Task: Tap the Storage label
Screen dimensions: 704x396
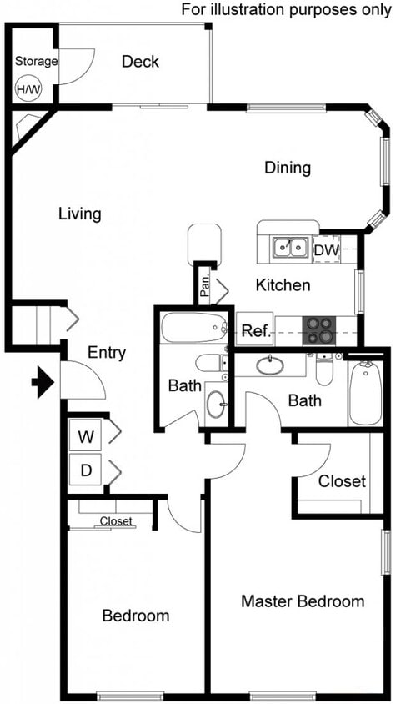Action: pos(36,61)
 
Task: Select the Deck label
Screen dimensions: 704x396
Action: pos(140,62)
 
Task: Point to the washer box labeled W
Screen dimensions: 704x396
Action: pos(86,435)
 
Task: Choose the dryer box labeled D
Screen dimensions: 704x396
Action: pos(86,470)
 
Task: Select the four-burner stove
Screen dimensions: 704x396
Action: pos(318,330)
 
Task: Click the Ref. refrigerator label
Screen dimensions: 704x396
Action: pos(255,330)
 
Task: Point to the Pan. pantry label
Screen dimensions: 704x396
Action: pos(204,285)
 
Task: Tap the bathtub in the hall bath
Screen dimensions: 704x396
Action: pos(193,327)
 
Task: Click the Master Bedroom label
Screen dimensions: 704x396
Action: pos(302,601)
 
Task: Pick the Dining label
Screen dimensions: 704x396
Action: pos(287,168)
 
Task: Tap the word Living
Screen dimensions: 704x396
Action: pos(79,214)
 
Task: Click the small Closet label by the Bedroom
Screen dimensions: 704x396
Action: pos(116,521)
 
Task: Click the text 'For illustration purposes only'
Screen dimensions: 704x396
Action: pos(287,9)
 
